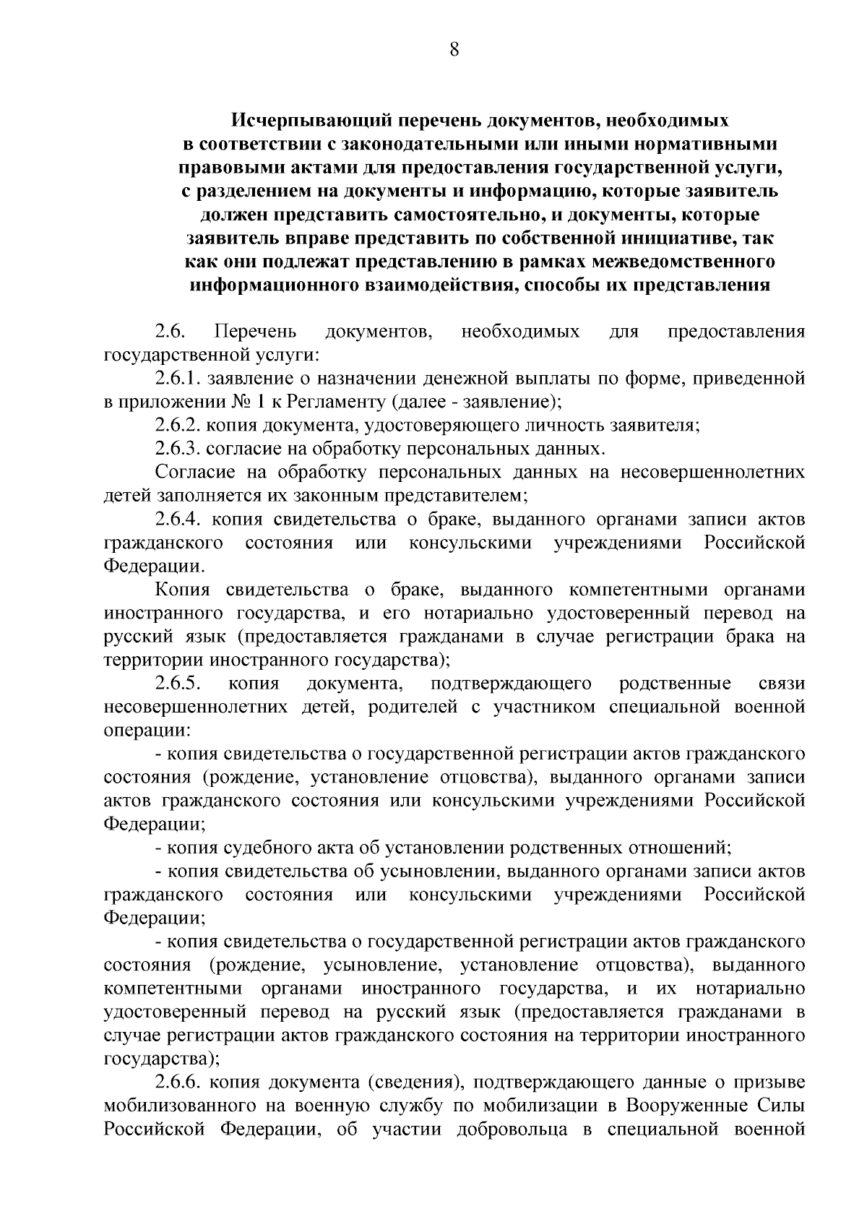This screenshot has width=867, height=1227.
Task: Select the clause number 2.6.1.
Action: (178, 379)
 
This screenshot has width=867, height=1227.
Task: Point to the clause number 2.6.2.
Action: (178, 426)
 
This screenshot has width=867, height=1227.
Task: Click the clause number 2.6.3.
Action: (178, 449)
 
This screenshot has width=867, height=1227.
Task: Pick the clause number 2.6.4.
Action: (178, 520)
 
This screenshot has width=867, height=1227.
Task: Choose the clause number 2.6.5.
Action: (178, 684)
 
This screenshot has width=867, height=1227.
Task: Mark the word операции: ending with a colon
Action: (145, 731)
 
